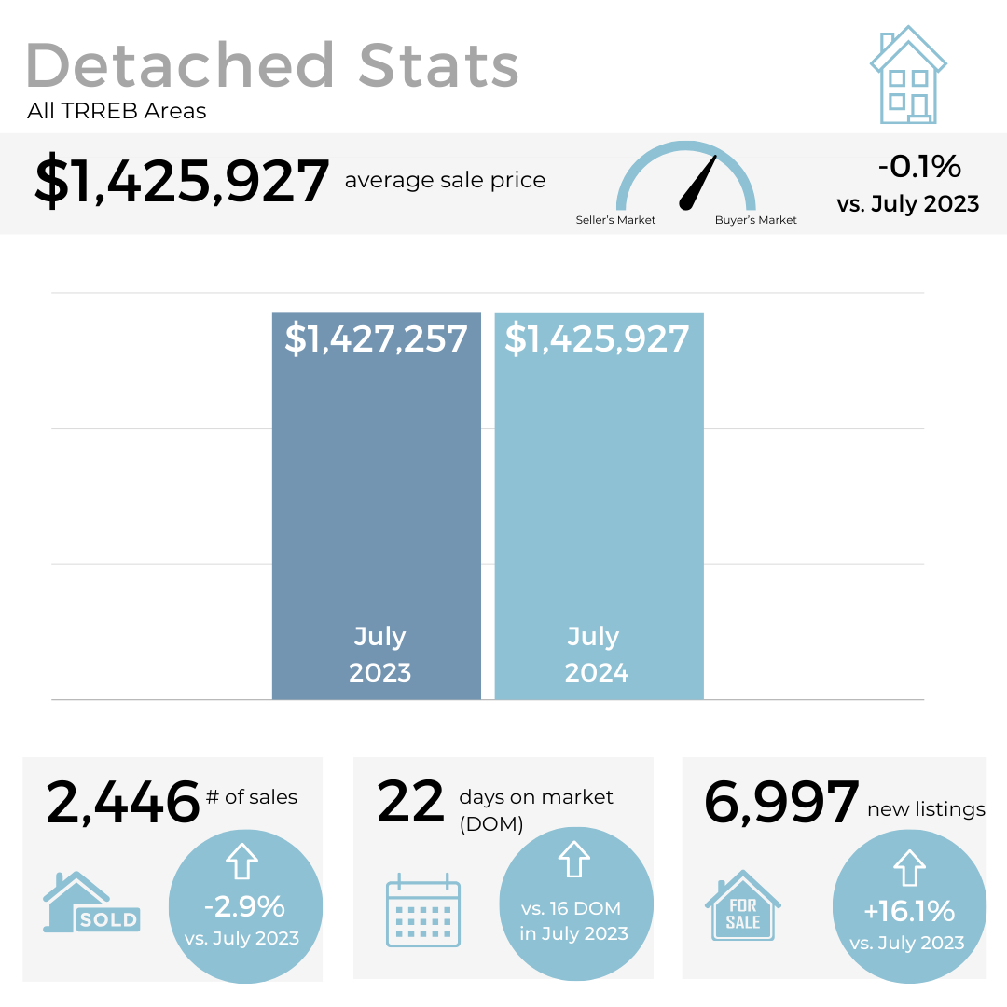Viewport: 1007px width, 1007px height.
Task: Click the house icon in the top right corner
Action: point(907,76)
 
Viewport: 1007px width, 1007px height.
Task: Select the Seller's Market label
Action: point(615,220)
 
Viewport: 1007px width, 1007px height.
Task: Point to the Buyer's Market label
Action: point(755,220)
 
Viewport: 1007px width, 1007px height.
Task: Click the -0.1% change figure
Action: point(918,166)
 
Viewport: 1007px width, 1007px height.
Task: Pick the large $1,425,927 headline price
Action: point(182,181)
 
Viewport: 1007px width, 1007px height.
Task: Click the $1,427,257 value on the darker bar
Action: point(376,338)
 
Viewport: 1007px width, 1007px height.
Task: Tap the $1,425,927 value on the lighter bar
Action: point(597,338)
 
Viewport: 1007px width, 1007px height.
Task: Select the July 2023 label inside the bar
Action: point(379,654)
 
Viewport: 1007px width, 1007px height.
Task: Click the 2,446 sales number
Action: point(123,803)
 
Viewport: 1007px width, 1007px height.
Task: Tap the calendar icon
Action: point(423,910)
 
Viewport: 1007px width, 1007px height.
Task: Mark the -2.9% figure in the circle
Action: point(245,905)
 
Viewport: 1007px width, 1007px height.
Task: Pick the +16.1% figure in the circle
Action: point(908,910)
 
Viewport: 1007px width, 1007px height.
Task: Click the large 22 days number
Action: point(411,803)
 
